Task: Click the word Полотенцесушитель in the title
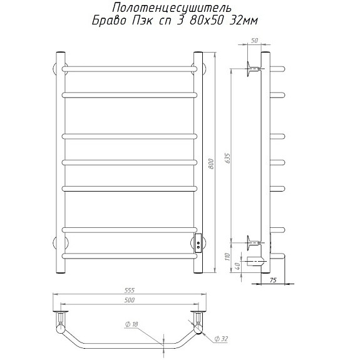[172, 9]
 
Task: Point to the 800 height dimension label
[212, 163]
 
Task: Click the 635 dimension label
[228, 158]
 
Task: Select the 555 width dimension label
[129, 291]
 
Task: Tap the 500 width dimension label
[130, 300]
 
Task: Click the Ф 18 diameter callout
[131, 324]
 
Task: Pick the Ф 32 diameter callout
[221, 339]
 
